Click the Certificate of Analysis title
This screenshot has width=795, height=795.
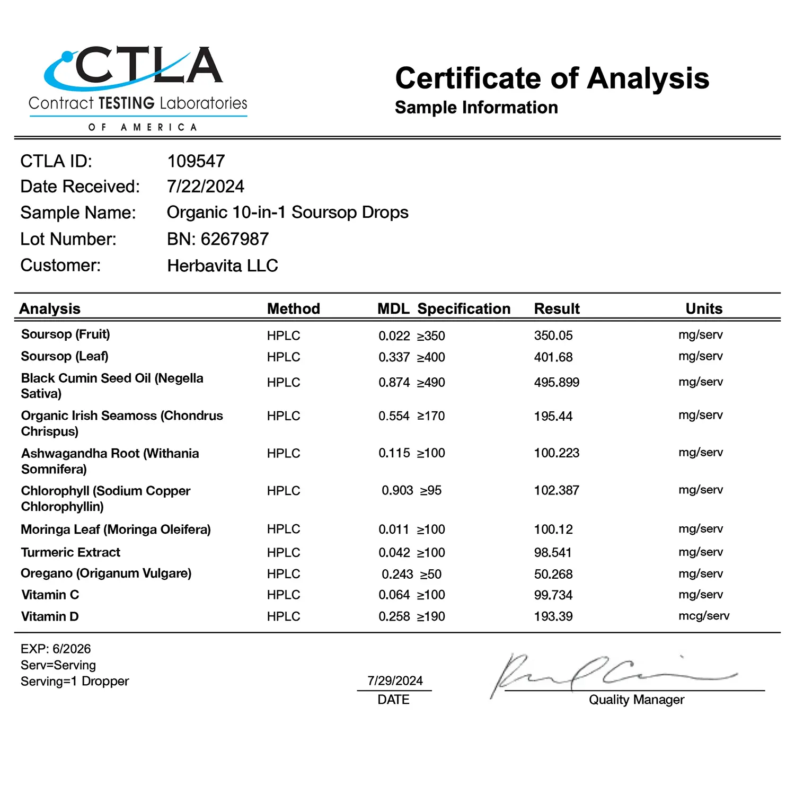552,78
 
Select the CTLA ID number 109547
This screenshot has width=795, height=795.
196,161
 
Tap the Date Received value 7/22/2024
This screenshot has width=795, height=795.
206,187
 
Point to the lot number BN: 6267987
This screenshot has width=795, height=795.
218,239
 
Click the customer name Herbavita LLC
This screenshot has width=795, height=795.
223,266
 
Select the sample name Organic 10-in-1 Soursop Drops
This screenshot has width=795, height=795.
288,213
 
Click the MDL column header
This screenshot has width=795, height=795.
393,308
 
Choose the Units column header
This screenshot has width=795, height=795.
704,308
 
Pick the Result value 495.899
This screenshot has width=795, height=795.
556,382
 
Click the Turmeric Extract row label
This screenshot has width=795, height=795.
70,552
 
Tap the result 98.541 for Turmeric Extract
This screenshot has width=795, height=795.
553,553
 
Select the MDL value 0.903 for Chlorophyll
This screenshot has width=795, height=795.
397,491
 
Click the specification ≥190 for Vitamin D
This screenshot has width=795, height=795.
431,616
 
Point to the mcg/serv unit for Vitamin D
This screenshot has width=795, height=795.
704,616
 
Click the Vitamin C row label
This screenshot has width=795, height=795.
50,595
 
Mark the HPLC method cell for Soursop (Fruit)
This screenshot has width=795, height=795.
284,335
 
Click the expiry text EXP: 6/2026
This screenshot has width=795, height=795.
56,649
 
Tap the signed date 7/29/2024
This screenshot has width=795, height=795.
395,681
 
